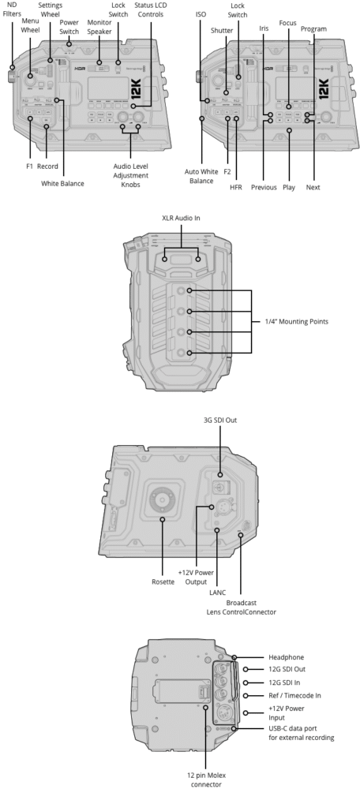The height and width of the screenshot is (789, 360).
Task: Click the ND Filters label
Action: [x=12, y=9]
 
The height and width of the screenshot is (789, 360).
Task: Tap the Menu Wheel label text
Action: [x=30, y=26]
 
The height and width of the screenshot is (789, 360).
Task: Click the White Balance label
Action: [x=62, y=183]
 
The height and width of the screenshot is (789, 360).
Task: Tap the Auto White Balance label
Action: [x=201, y=176]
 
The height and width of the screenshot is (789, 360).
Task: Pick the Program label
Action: [x=313, y=28]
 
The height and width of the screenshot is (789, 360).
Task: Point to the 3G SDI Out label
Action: [x=220, y=420]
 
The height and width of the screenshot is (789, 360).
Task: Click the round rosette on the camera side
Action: [x=163, y=499]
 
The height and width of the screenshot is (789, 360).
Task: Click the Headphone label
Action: [x=285, y=656]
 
